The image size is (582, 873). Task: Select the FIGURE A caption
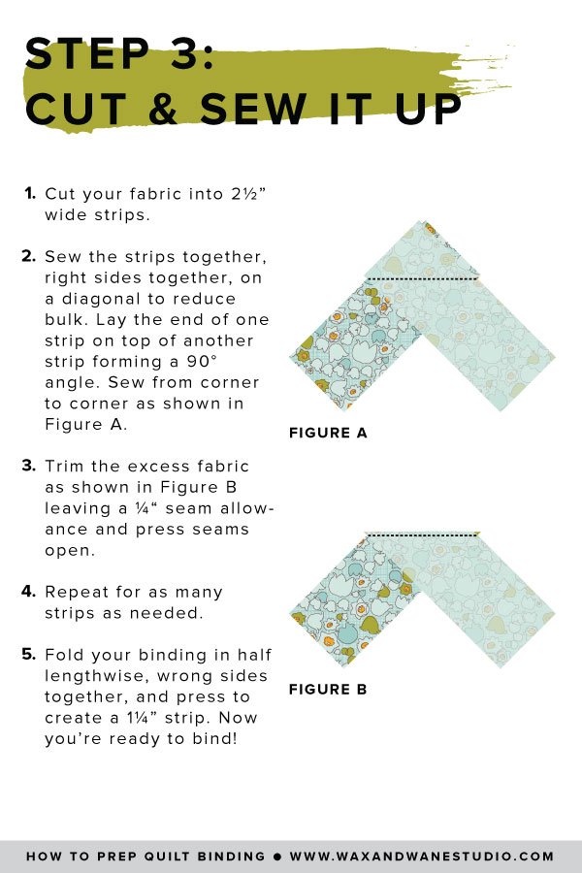(328, 434)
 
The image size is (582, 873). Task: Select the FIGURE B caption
(328, 690)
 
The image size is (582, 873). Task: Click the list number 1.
(30, 192)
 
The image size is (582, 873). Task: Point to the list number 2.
(30, 256)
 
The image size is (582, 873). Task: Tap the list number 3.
(30, 466)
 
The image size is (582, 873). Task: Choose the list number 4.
(30, 592)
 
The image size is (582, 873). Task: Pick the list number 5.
(30, 655)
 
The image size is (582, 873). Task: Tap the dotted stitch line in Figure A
(422, 279)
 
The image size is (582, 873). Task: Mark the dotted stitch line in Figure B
(422, 533)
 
